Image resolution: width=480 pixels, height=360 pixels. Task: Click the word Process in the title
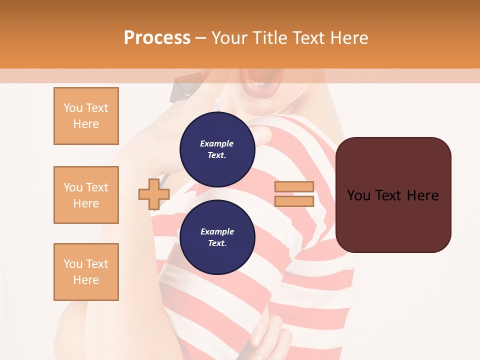coord(157,38)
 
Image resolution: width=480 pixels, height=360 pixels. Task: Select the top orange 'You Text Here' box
coord(86,116)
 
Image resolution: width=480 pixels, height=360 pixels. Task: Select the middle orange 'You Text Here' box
coord(86,195)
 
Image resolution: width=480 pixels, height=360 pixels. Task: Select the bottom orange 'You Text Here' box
coord(86,272)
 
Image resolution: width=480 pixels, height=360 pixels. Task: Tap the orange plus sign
coord(153,194)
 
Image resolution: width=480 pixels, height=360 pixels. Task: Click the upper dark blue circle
coord(217,149)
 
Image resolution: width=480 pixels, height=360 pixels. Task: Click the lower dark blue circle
coord(217,237)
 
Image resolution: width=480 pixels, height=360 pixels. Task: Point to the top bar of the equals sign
coord(294,187)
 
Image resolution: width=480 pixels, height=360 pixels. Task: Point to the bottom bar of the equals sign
coord(294,201)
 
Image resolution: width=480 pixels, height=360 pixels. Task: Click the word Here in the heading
coord(348,38)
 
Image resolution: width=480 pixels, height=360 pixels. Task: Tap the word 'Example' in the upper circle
coord(217,143)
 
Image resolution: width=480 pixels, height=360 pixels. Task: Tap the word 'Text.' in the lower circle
coord(217,243)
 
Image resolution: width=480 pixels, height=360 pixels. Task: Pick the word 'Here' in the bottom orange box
coord(86,280)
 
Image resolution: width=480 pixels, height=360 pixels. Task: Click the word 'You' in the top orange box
coord(73,108)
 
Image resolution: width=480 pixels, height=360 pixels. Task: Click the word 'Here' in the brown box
coord(423,195)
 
